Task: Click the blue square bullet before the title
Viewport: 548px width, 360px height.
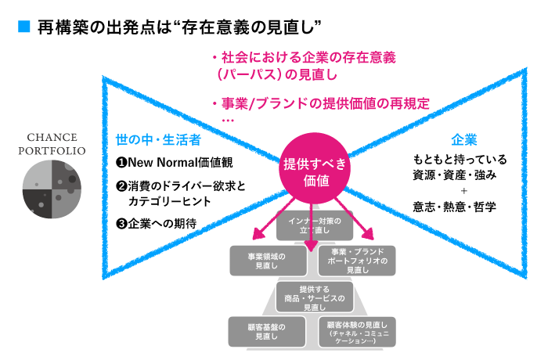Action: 23,27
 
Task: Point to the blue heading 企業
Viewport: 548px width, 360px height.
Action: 464,140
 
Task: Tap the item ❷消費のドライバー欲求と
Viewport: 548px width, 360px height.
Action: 181,185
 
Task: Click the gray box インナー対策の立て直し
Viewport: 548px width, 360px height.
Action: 315,225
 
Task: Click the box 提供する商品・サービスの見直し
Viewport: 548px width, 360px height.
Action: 315,298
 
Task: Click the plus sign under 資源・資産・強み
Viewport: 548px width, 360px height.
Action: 464,189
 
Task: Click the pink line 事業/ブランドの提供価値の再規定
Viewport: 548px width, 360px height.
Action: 321,103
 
